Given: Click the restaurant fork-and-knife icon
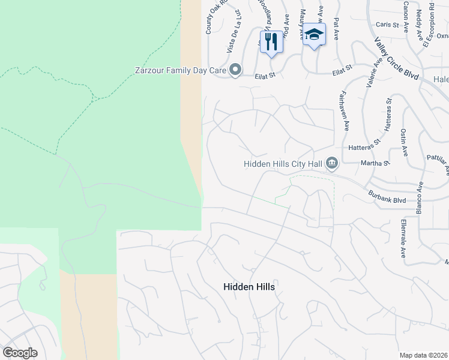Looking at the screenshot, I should tap(271, 41).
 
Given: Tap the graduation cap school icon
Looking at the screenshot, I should tap(314, 35).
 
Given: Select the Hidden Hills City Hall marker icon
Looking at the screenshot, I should tap(332, 163).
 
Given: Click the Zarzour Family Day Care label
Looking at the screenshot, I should tap(179, 71).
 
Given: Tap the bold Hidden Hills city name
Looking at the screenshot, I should tap(249, 287).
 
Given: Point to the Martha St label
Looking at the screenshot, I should tap(375, 162).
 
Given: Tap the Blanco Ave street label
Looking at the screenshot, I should tap(420, 197).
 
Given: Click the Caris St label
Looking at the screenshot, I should tap(387, 25).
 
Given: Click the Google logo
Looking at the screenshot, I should tap(20, 352).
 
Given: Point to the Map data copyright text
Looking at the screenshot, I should tap(423, 355).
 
